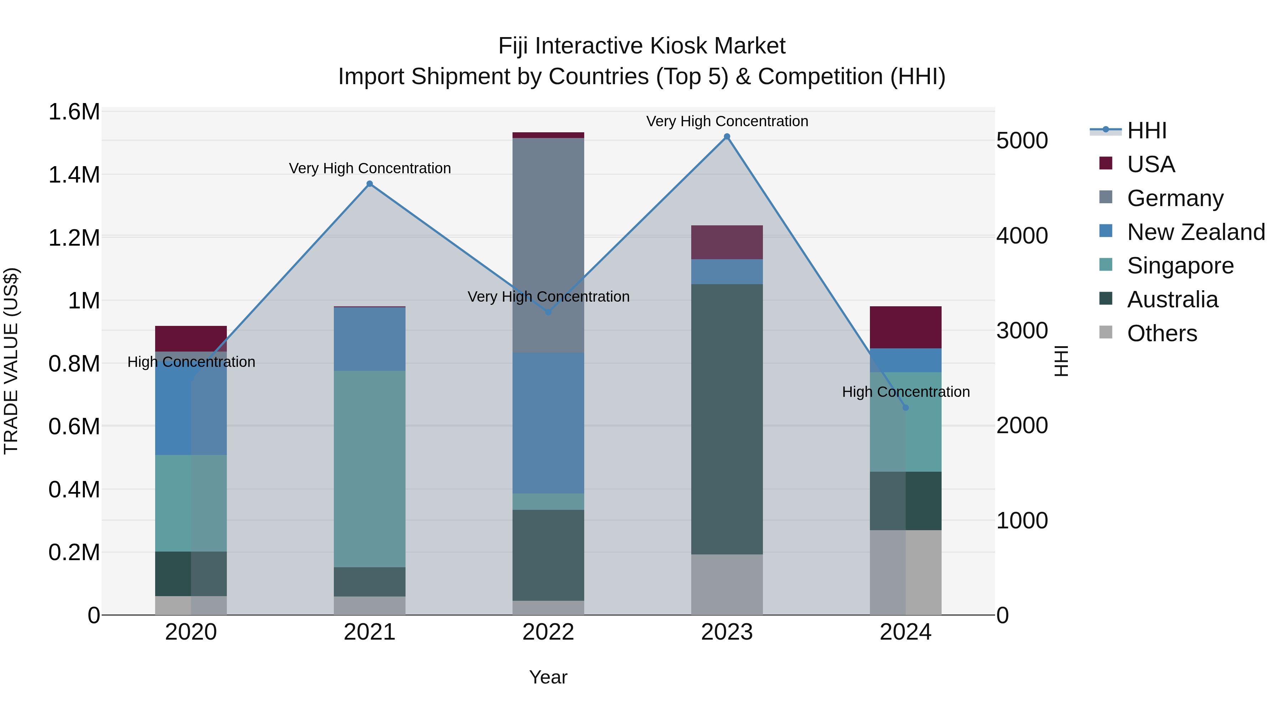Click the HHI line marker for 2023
click(x=727, y=137)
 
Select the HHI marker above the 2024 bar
click(x=906, y=408)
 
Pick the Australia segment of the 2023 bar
click(x=727, y=419)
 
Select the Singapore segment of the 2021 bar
click(x=370, y=468)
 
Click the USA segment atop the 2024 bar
click(x=906, y=327)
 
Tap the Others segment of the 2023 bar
click(x=727, y=584)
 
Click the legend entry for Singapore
click(x=1179, y=266)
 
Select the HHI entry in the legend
click(x=1146, y=130)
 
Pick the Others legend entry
click(x=1161, y=333)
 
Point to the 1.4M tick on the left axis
click(x=74, y=175)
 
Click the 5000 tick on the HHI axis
click(x=1022, y=140)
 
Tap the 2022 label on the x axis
click(x=548, y=632)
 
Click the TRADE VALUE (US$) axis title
click(x=11, y=361)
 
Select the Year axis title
click(x=548, y=677)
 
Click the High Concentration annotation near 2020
click(x=192, y=362)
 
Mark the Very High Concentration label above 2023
click(x=727, y=121)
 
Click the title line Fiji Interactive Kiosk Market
click(x=642, y=46)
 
